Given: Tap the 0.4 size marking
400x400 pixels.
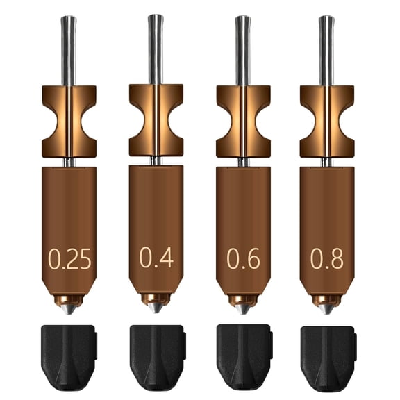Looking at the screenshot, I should (x=156, y=257).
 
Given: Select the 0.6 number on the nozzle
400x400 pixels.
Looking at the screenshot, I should (x=243, y=258).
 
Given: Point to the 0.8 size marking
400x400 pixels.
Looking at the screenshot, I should (x=327, y=258).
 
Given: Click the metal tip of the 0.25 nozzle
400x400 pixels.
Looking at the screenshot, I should (x=67, y=306).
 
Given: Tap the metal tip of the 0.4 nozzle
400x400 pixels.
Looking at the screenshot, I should (x=156, y=305).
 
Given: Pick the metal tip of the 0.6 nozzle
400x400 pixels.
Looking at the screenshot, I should (x=243, y=306).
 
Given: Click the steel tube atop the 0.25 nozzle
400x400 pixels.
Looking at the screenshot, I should (x=68, y=49).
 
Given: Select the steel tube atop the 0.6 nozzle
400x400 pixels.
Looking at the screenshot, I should (x=243, y=49).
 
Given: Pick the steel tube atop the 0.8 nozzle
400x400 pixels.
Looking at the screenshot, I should (x=326, y=49).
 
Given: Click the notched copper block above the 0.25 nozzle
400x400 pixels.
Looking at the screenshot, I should (x=68, y=122).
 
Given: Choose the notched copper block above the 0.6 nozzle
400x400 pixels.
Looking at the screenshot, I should (x=243, y=122).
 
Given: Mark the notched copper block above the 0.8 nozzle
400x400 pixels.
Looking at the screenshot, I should (x=326, y=122).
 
